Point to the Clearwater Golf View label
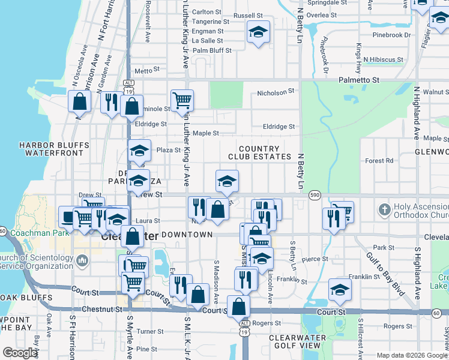pyautogui.click(x=297, y=342)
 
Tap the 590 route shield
pyautogui.click(x=315, y=195)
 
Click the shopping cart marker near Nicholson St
pyautogui.click(x=182, y=101)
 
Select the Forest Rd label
pyautogui.click(x=379, y=161)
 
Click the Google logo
pyautogui.click(x=20, y=353)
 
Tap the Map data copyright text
pyautogui.click(x=412, y=355)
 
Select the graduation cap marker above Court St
pyautogui.click(x=340, y=289)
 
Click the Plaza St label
pyautogui.click(x=169, y=150)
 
